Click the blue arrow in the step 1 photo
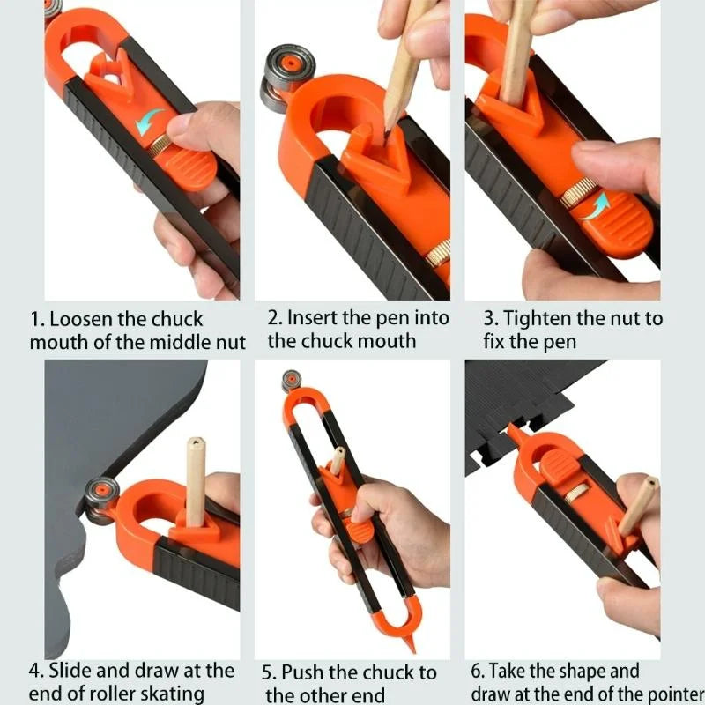(152, 121)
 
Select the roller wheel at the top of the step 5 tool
(288, 381)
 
